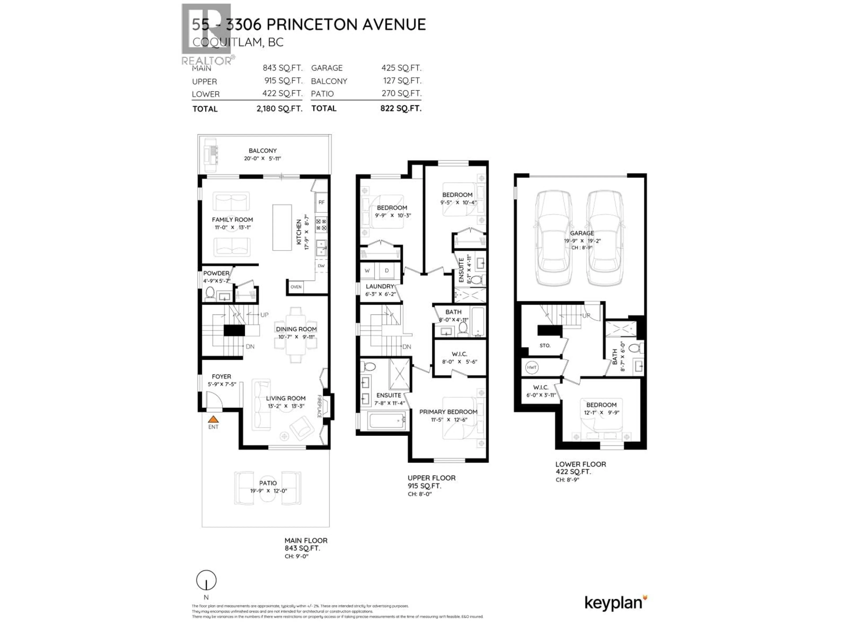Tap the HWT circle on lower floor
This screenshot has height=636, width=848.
(531, 367)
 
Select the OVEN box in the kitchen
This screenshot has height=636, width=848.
(295, 287)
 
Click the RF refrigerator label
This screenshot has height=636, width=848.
(321, 202)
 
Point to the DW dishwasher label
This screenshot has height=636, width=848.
(321, 266)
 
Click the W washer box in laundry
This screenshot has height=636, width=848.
(367, 271)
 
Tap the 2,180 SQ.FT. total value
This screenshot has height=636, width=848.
(279, 108)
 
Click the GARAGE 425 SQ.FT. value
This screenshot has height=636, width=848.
(401, 68)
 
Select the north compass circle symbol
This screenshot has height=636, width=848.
(206, 580)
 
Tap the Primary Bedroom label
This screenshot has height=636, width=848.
(448, 412)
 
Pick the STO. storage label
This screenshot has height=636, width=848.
(545, 345)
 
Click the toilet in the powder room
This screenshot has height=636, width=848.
(210, 293)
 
